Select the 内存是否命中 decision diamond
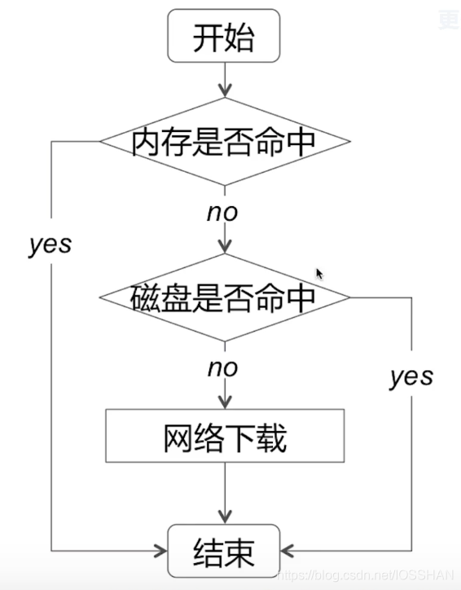click(x=224, y=142)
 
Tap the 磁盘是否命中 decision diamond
click(x=224, y=297)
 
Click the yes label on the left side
click(x=50, y=244)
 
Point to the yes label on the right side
click(x=411, y=376)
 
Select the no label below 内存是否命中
click(x=222, y=213)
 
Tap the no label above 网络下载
click(x=222, y=368)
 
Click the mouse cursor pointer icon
click(x=319, y=274)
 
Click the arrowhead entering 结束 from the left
click(x=161, y=552)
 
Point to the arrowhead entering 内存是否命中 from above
click(x=224, y=91)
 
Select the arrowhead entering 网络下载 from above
click(x=224, y=403)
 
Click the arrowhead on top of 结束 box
click(x=224, y=517)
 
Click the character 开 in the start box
click(x=208, y=37)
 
